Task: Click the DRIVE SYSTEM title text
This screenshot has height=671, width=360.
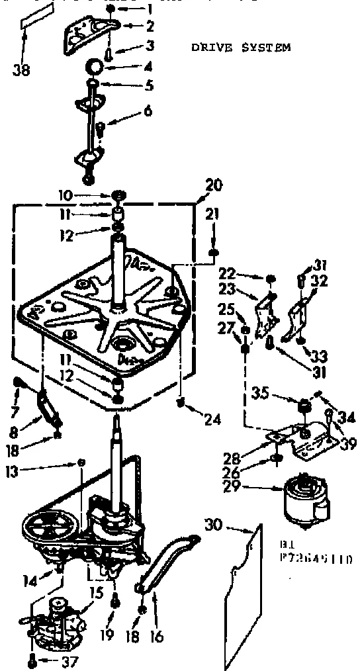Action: (241, 48)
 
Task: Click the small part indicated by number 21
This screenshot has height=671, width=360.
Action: (213, 252)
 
